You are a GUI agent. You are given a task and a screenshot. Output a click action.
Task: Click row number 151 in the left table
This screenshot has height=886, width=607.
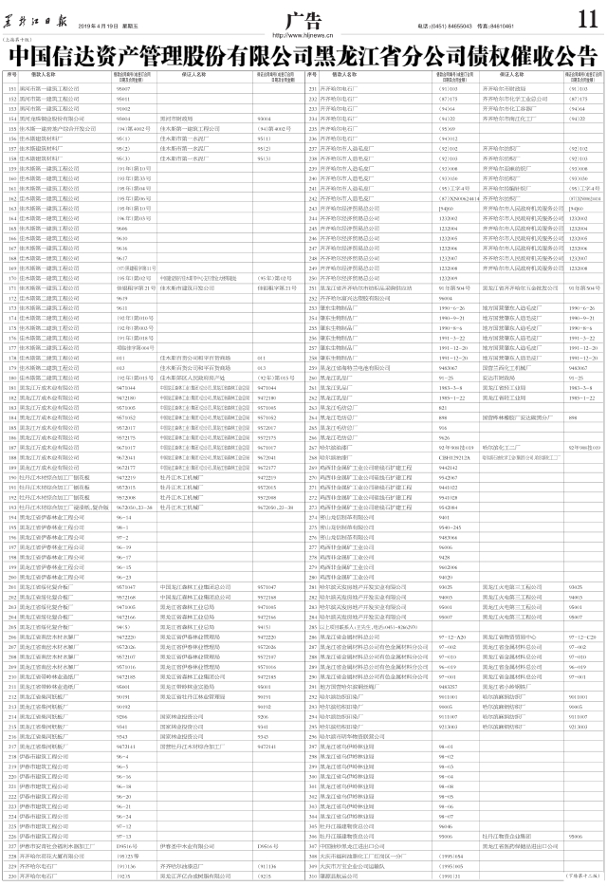12,87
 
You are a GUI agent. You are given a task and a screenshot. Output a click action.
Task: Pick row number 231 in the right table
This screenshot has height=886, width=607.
313,87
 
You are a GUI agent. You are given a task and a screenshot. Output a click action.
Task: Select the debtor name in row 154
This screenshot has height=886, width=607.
57,119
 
